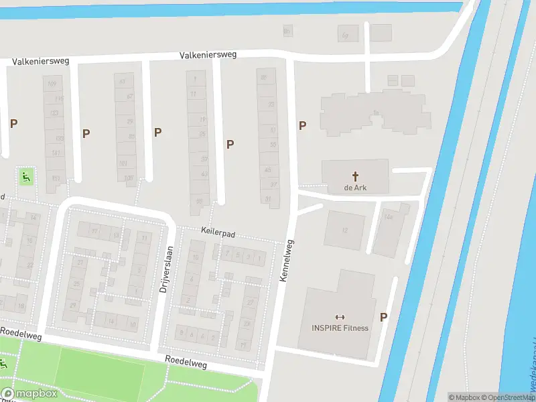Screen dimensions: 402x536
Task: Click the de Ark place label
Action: click(x=355, y=188)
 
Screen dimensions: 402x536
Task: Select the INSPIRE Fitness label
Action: click(x=339, y=328)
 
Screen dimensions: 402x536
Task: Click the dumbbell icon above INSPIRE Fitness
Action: click(x=339, y=317)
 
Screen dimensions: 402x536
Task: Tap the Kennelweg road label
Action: click(x=286, y=261)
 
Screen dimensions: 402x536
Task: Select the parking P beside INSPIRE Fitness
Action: click(x=383, y=318)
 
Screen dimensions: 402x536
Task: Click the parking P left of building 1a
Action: click(x=302, y=125)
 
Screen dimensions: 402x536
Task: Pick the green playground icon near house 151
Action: click(x=25, y=178)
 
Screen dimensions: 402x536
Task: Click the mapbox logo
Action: click(x=29, y=393)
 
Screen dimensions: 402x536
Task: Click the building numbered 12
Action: click(x=345, y=230)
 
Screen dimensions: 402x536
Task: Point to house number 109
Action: click(x=53, y=83)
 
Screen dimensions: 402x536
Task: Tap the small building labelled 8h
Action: click(x=287, y=30)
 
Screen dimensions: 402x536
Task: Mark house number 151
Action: click(x=56, y=178)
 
